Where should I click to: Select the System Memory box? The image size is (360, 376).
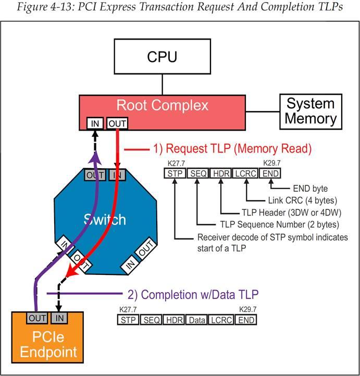[x=311, y=111]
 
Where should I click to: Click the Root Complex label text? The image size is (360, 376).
[x=162, y=106]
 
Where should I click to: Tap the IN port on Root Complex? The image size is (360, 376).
[x=94, y=124]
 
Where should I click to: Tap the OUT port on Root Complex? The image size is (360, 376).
[x=116, y=124]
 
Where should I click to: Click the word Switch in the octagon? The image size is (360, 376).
[x=105, y=219]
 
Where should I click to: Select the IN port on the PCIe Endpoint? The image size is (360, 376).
[x=59, y=318]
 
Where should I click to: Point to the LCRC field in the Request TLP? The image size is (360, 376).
[x=245, y=173]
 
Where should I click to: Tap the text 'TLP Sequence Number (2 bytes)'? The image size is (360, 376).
[x=278, y=225]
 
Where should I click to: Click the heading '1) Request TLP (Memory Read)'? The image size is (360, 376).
[x=232, y=149]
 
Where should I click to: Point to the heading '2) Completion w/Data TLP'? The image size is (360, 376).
[x=200, y=294]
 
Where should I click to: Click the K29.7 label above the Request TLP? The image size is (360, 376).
[x=271, y=164]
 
